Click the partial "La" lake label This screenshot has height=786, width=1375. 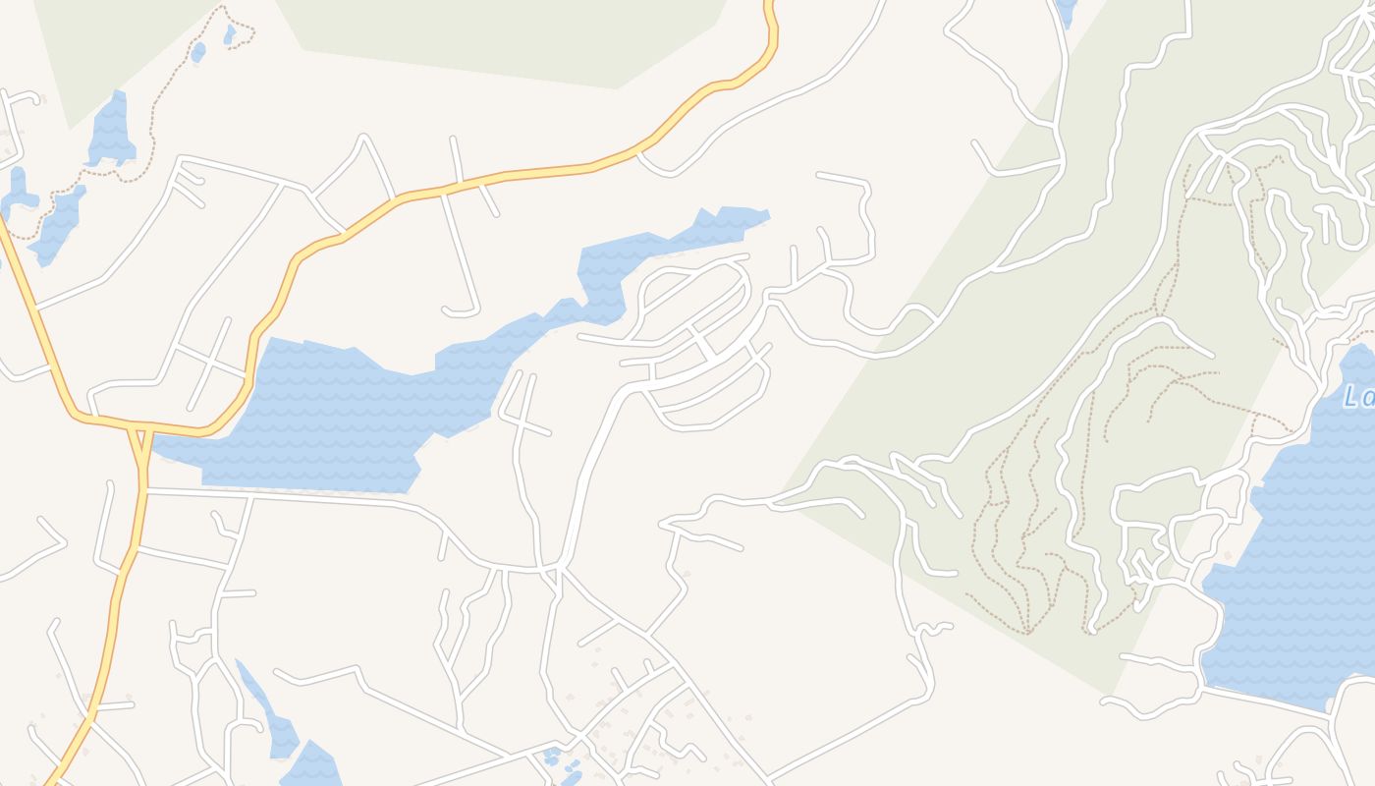pos(1359,396)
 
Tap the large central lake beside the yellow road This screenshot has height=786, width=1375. pos(334,413)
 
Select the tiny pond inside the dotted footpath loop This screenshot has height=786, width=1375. pos(229,34)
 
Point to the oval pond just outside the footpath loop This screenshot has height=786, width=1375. pos(198,51)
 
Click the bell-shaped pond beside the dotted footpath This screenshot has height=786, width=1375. pos(112,133)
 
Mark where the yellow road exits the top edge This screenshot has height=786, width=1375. pos(769,4)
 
